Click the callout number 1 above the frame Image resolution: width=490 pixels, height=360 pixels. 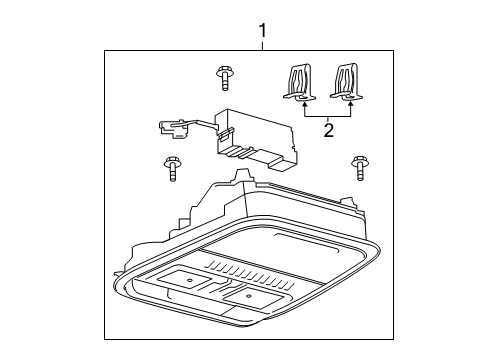pyautogui.click(x=263, y=31)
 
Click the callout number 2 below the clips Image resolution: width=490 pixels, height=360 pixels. pyautogui.click(x=328, y=128)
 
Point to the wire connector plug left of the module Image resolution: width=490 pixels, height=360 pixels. pyautogui.click(x=169, y=127)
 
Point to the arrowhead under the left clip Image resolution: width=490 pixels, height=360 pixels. pyautogui.click(x=303, y=102)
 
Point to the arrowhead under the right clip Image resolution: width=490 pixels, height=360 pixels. pyautogui.click(x=351, y=102)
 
